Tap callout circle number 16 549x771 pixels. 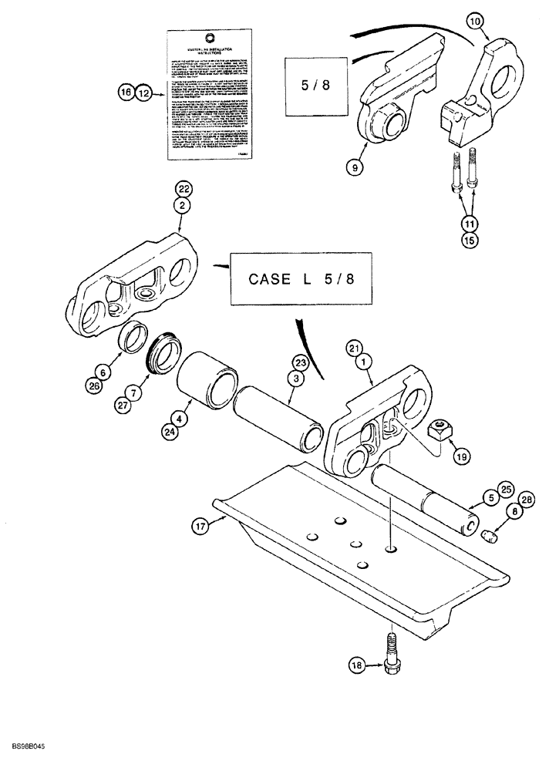click(126, 93)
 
